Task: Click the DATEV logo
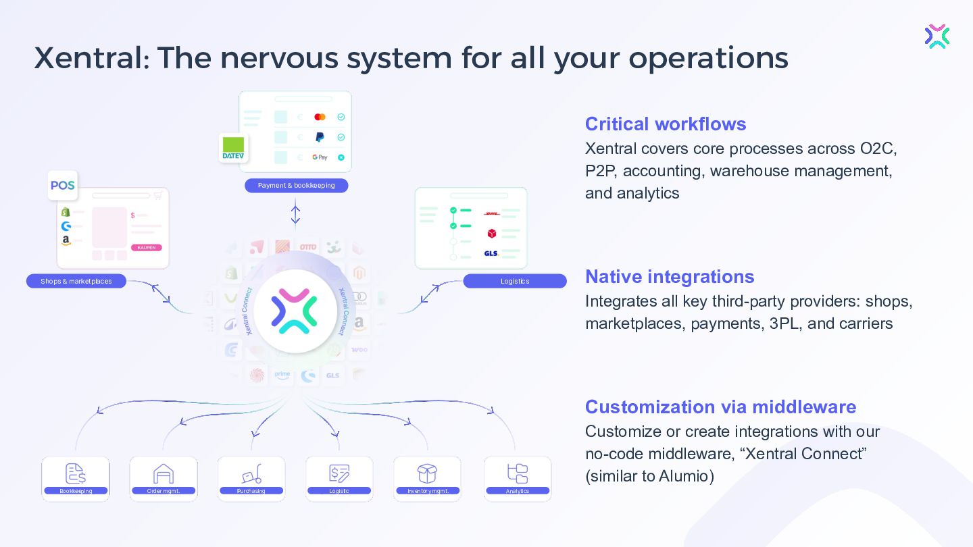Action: pyautogui.click(x=233, y=148)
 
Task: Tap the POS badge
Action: pyautogui.click(x=63, y=186)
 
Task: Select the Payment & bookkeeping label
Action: pyautogui.click(x=296, y=186)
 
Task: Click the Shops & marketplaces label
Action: pyautogui.click(x=76, y=281)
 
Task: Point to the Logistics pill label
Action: pyautogui.click(x=515, y=281)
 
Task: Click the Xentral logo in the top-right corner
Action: pyautogui.click(x=937, y=36)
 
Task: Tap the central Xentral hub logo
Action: pyautogui.click(x=295, y=311)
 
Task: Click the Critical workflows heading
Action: pyautogui.click(x=666, y=124)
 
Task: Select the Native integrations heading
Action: pyautogui.click(x=670, y=277)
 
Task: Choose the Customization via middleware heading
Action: pyautogui.click(x=720, y=407)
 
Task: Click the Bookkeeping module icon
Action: pyautogui.click(x=76, y=474)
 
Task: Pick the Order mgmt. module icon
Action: pyautogui.click(x=164, y=474)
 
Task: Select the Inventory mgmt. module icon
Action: pyautogui.click(x=427, y=474)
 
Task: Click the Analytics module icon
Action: pyautogui.click(x=518, y=473)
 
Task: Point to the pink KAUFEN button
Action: pyautogui.click(x=147, y=248)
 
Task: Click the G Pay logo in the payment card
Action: pyautogui.click(x=320, y=157)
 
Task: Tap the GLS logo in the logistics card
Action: pyautogui.click(x=491, y=253)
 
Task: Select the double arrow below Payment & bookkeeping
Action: pyautogui.click(x=295, y=214)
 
